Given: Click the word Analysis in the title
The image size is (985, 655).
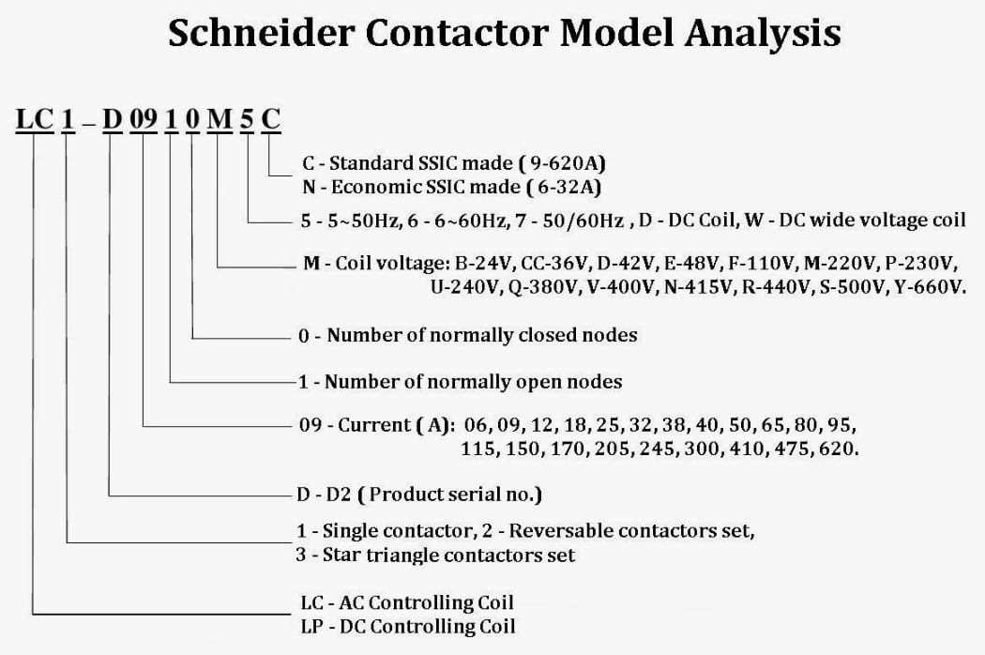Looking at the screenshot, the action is pos(763,34).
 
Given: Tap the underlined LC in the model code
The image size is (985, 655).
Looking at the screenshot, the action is pos(35,119).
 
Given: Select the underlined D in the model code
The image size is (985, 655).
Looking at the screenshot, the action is pos(112,119).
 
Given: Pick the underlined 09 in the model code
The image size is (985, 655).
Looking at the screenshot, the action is pos(144,119).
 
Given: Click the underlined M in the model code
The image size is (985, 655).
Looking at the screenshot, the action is pos(220,119).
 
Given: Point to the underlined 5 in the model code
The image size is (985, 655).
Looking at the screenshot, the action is pos(247,119).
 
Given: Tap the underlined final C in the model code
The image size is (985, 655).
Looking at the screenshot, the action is pos(270,119).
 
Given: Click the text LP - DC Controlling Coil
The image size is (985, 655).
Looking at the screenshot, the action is pos(408,627).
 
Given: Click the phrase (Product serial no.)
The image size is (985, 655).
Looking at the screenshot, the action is pos(449,495).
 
